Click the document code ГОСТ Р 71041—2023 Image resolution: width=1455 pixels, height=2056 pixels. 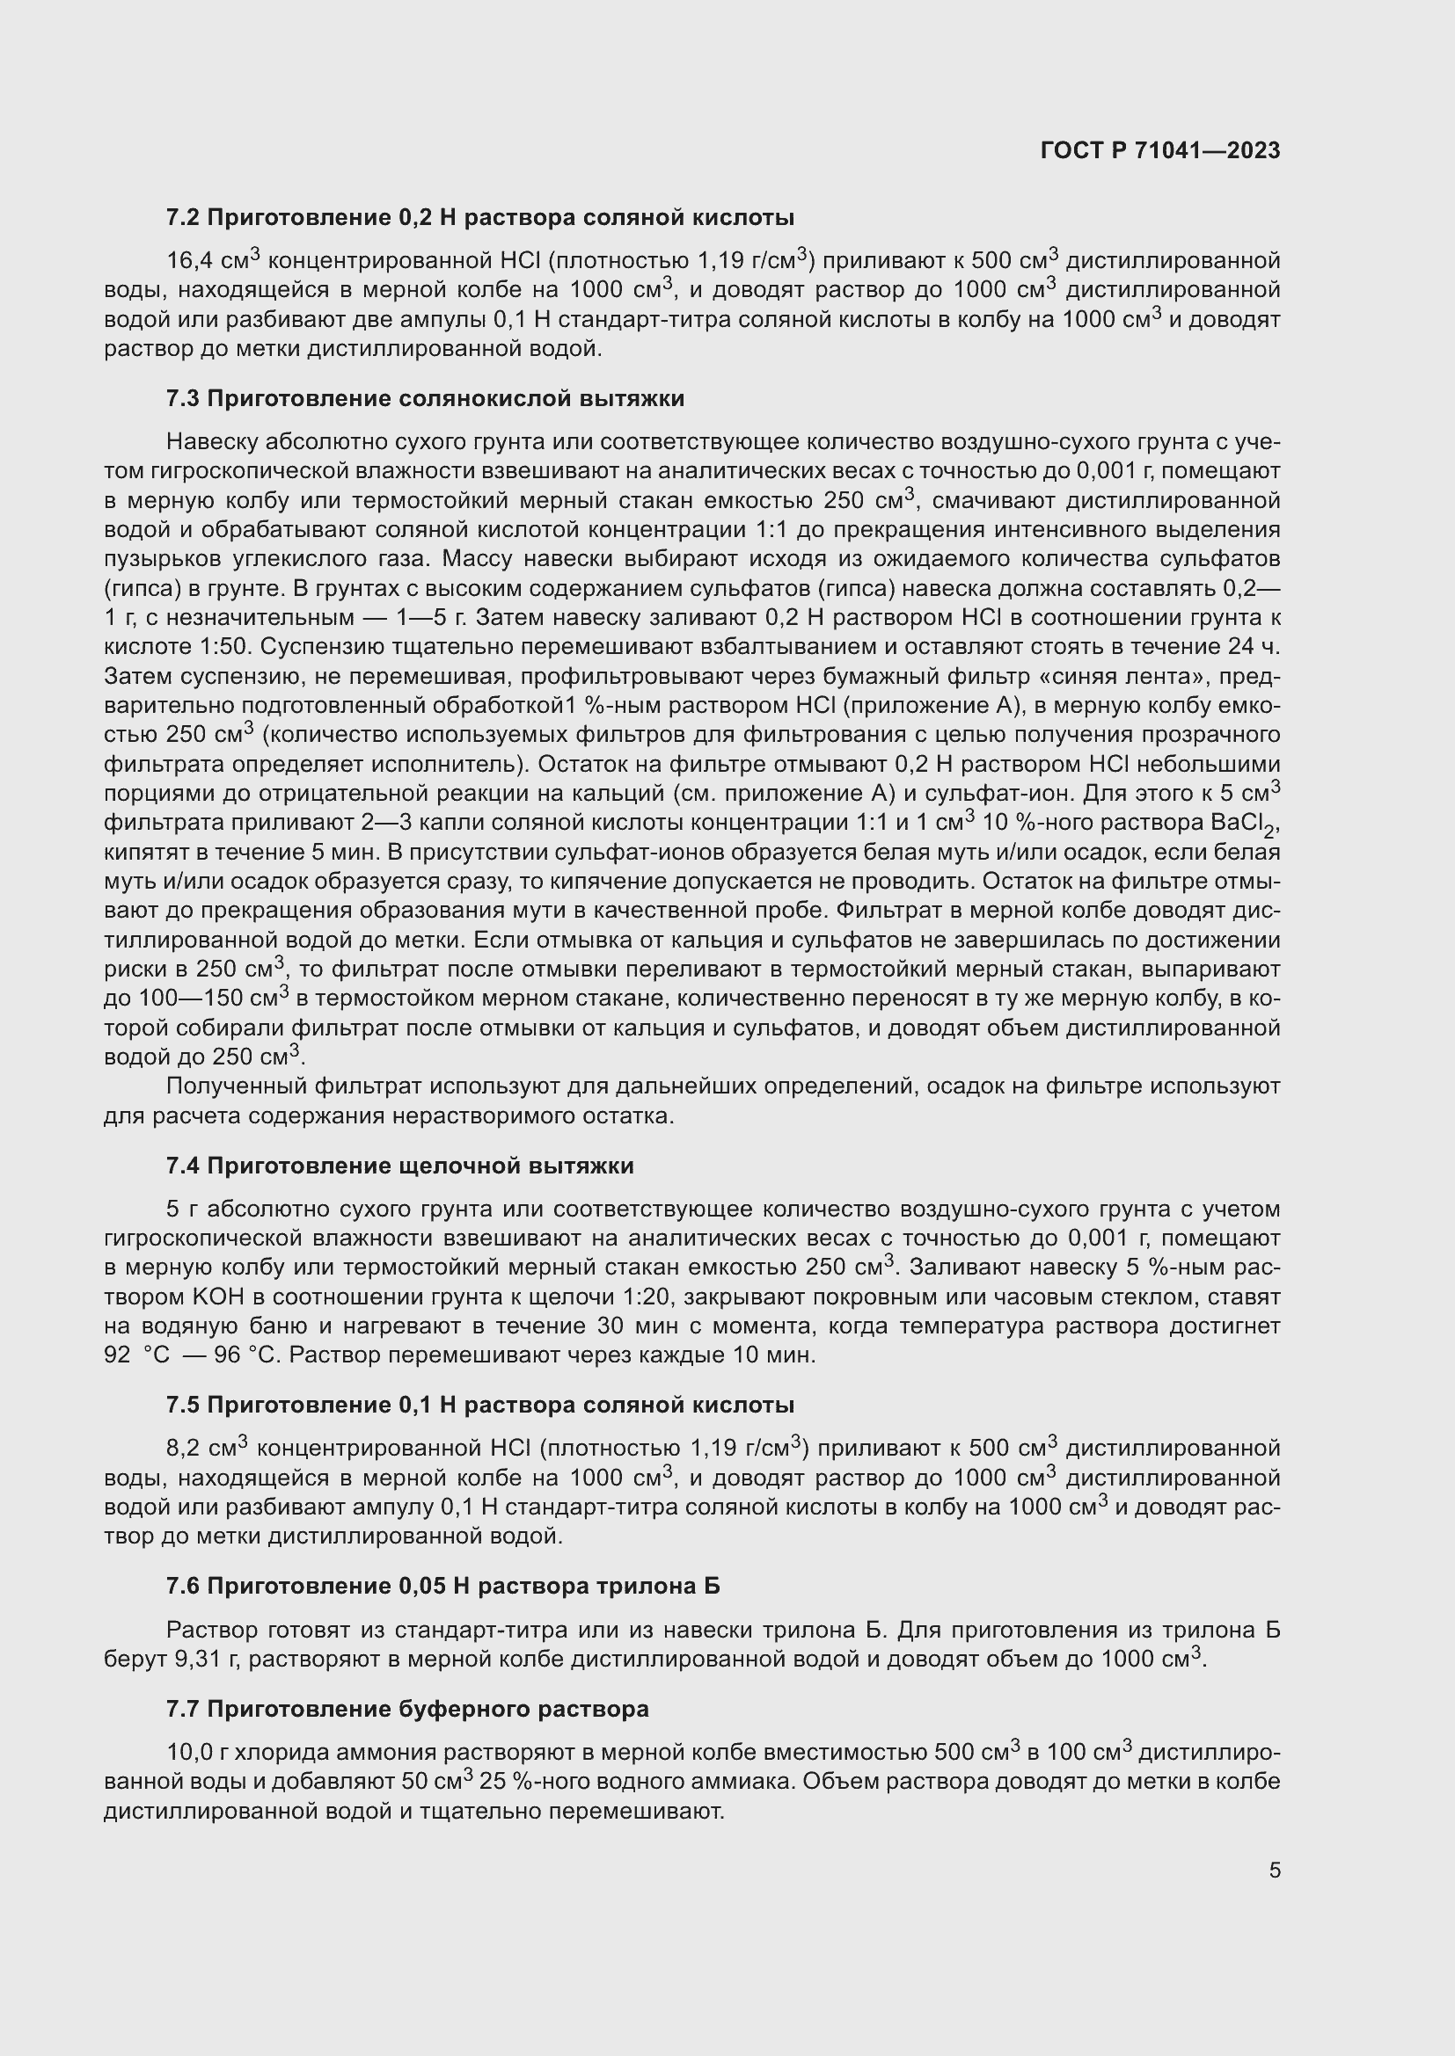[x=1160, y=150]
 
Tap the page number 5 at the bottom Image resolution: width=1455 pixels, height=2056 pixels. [x=1275, y=1870]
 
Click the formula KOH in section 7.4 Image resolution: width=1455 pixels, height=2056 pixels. [x=211, y=1297]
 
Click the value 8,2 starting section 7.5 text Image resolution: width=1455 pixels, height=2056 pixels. [x=184, y=1449]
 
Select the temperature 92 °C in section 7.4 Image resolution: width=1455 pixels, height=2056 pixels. [x=136, y=1355]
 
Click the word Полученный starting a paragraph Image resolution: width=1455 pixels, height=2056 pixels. [x=237, y=1086]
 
